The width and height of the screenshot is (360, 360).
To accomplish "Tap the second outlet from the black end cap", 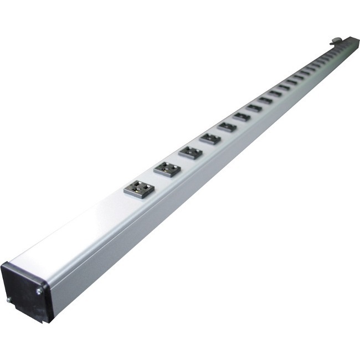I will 167,168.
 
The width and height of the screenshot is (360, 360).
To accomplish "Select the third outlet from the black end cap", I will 191,152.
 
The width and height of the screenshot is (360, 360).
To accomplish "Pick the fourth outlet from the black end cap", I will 210,138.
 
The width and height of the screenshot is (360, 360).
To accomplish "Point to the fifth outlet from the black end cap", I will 227,127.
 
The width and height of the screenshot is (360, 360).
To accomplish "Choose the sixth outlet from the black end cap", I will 241,117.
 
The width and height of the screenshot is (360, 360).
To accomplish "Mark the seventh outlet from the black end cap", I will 254,108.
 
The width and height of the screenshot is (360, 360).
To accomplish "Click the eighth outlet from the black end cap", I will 265,100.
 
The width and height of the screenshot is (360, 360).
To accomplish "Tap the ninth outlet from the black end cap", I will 275,94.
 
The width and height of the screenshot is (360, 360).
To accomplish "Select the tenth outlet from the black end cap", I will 284,88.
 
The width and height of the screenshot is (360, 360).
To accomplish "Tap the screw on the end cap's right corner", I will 39,291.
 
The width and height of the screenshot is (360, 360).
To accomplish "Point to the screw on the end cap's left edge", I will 9,300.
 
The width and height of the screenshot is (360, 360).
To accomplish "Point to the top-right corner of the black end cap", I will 48,284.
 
